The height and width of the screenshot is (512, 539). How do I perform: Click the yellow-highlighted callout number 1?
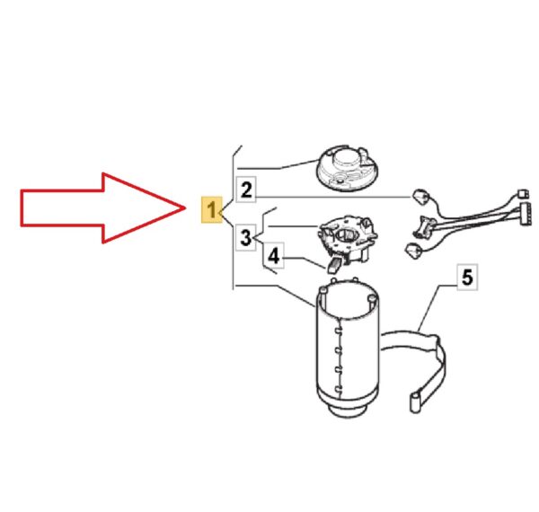211,210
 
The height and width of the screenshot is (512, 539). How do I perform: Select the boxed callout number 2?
246,190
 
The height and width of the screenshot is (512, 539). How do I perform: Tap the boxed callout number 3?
246,237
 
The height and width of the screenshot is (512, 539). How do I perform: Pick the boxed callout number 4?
274,255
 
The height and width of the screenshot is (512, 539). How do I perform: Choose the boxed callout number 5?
467,277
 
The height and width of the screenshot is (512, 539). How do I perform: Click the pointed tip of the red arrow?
185,207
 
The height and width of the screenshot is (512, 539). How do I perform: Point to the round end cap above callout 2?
347,168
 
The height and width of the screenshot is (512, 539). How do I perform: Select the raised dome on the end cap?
346,159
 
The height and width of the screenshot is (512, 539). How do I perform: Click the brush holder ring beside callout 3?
347,238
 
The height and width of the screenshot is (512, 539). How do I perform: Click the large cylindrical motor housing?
347,347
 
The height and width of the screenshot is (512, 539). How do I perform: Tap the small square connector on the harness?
523,194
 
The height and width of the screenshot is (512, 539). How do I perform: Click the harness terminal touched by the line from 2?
419,198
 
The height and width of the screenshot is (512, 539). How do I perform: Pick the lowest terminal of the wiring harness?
413,250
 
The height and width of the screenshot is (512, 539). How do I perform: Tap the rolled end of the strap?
414,402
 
